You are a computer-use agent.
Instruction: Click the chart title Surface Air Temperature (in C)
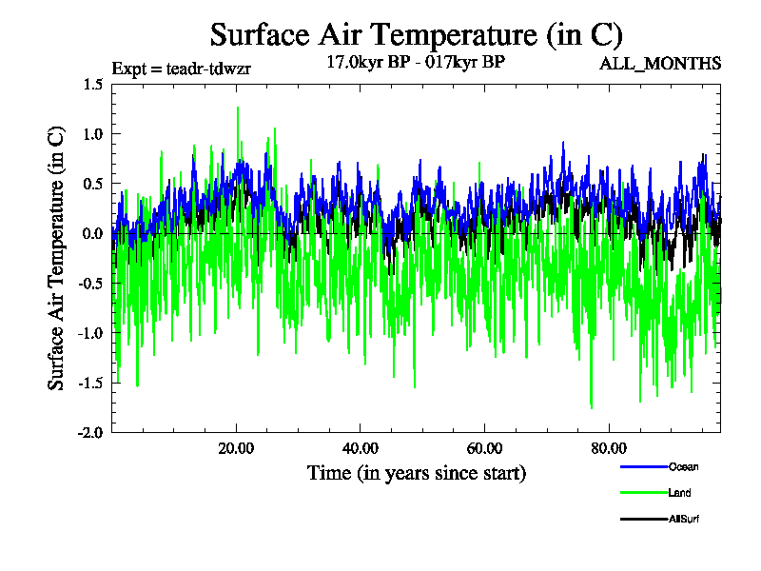[416, 35]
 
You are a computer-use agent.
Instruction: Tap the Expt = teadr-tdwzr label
[181, 69]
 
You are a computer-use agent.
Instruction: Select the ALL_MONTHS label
[659, 64]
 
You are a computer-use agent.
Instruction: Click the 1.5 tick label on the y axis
[92, 85]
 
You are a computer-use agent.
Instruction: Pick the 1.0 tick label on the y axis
[92, 134]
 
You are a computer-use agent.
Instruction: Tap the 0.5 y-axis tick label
[92, 184]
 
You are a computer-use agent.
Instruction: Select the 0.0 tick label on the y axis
[92, 233]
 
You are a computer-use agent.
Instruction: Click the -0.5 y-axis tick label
[90, 283]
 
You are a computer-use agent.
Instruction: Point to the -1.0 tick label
[90, 333]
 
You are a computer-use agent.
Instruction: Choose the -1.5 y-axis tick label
[90, 383]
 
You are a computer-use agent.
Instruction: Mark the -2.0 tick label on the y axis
[90, 432]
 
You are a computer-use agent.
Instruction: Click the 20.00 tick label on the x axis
[236, 448]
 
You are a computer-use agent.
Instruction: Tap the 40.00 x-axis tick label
[361, 448]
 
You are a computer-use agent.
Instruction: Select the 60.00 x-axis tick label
[485, 448]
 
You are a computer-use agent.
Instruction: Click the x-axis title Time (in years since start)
[416, 472]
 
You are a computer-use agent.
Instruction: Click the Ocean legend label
[683, 467]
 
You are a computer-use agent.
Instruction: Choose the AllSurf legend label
[686, 519]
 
